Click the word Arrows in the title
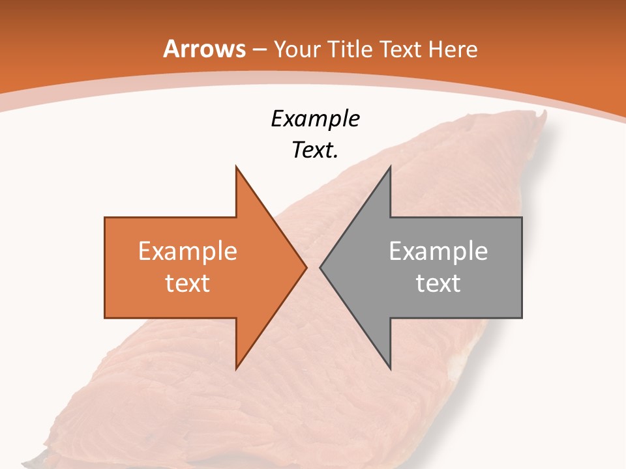pos(204,49)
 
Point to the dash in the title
pos(260,50)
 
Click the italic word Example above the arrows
pos(315,119)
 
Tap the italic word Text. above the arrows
pos(315,150)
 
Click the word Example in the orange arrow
pos(188,251)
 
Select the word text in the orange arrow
pos(188,283)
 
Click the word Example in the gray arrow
pos(438,251)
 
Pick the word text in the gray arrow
pos(438,283)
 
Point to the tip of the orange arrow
pos(306,267)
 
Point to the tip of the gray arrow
pos(320,267)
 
